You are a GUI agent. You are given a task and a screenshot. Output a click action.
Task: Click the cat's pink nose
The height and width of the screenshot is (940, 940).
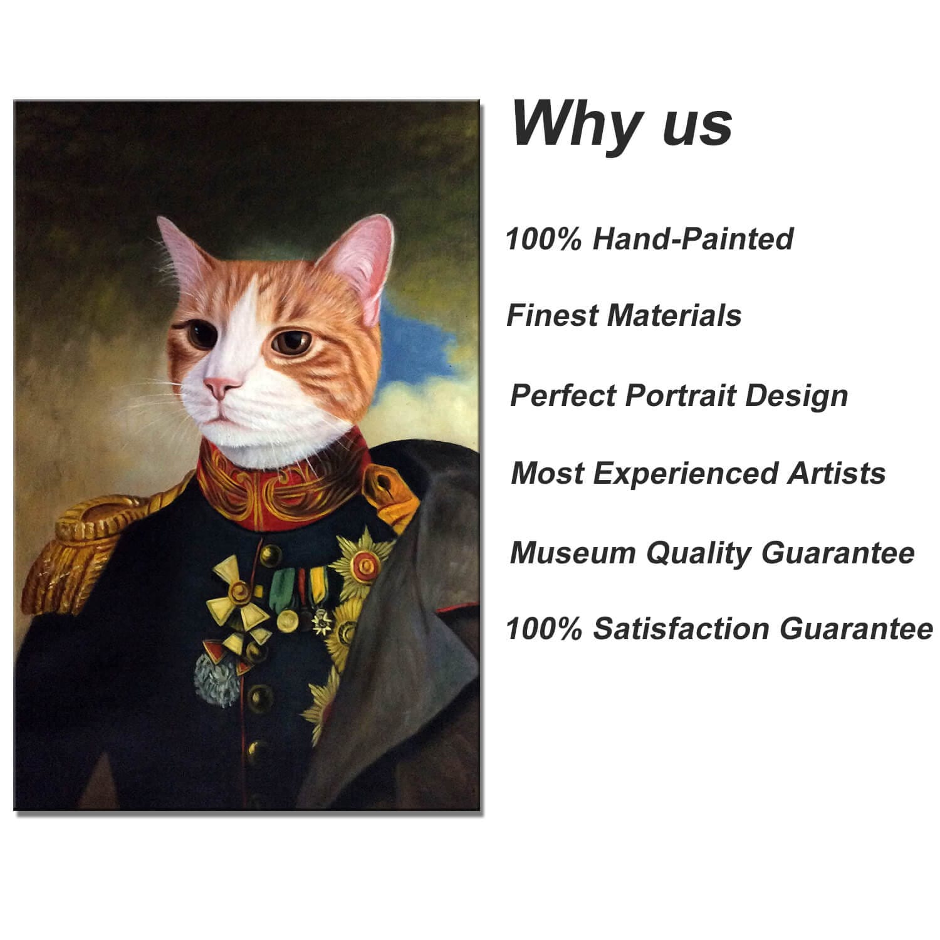(x=221, y=386)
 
